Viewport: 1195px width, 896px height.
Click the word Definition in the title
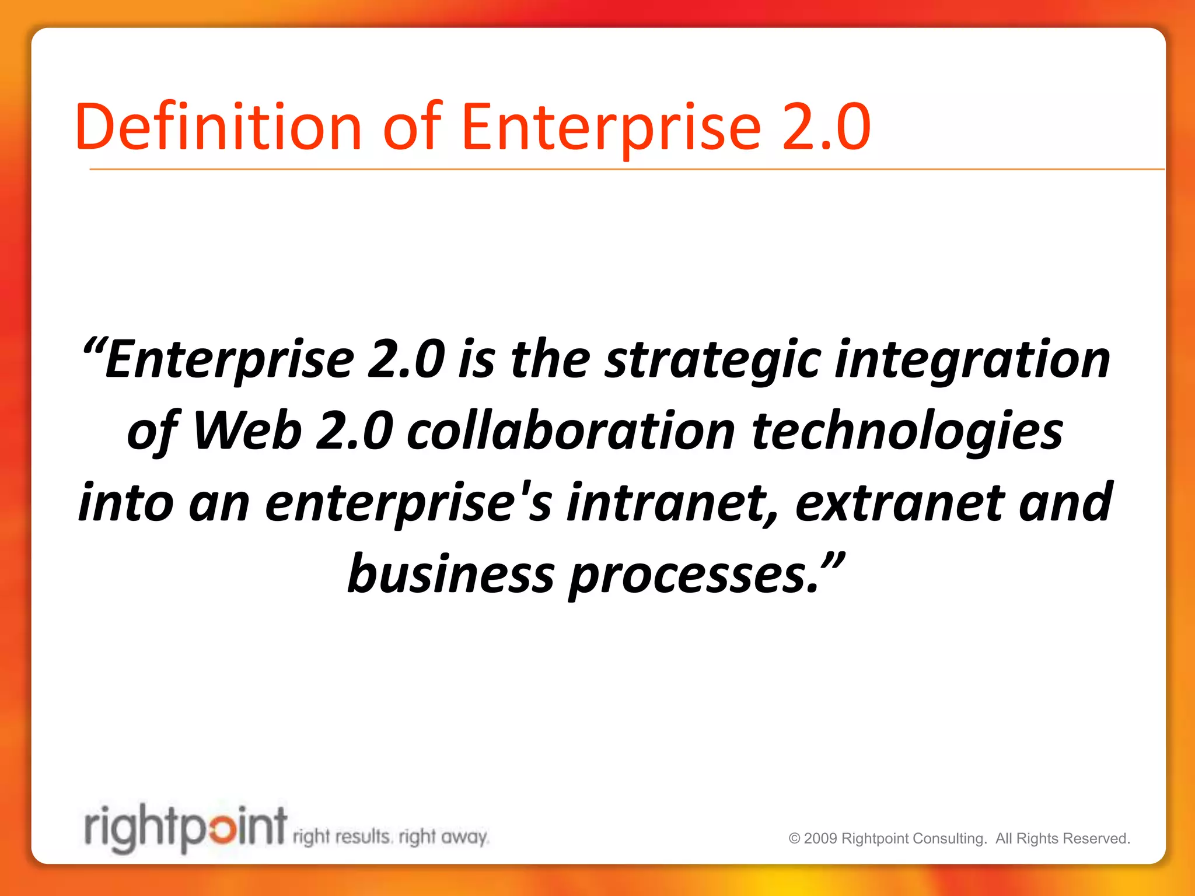tap(218, 127)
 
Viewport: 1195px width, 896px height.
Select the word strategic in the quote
tap(712, 360)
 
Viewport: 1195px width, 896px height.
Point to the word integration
tap(973, 360)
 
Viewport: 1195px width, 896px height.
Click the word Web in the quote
tap(247, 432)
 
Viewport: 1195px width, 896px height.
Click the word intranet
tap(672, 503)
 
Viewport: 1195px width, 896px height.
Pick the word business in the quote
tap(450, 575)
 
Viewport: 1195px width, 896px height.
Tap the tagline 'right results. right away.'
tap(390, 837)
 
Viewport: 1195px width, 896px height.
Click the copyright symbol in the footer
tap(794, 839)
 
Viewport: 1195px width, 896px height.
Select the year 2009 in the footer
tap(821, 839)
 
